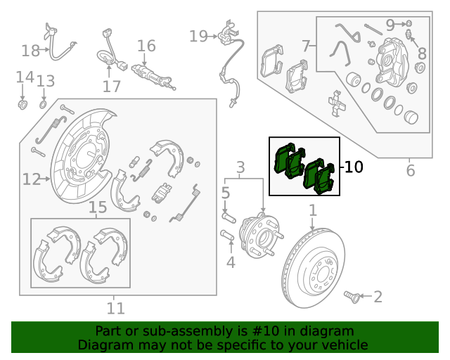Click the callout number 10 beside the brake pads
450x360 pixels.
354,167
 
